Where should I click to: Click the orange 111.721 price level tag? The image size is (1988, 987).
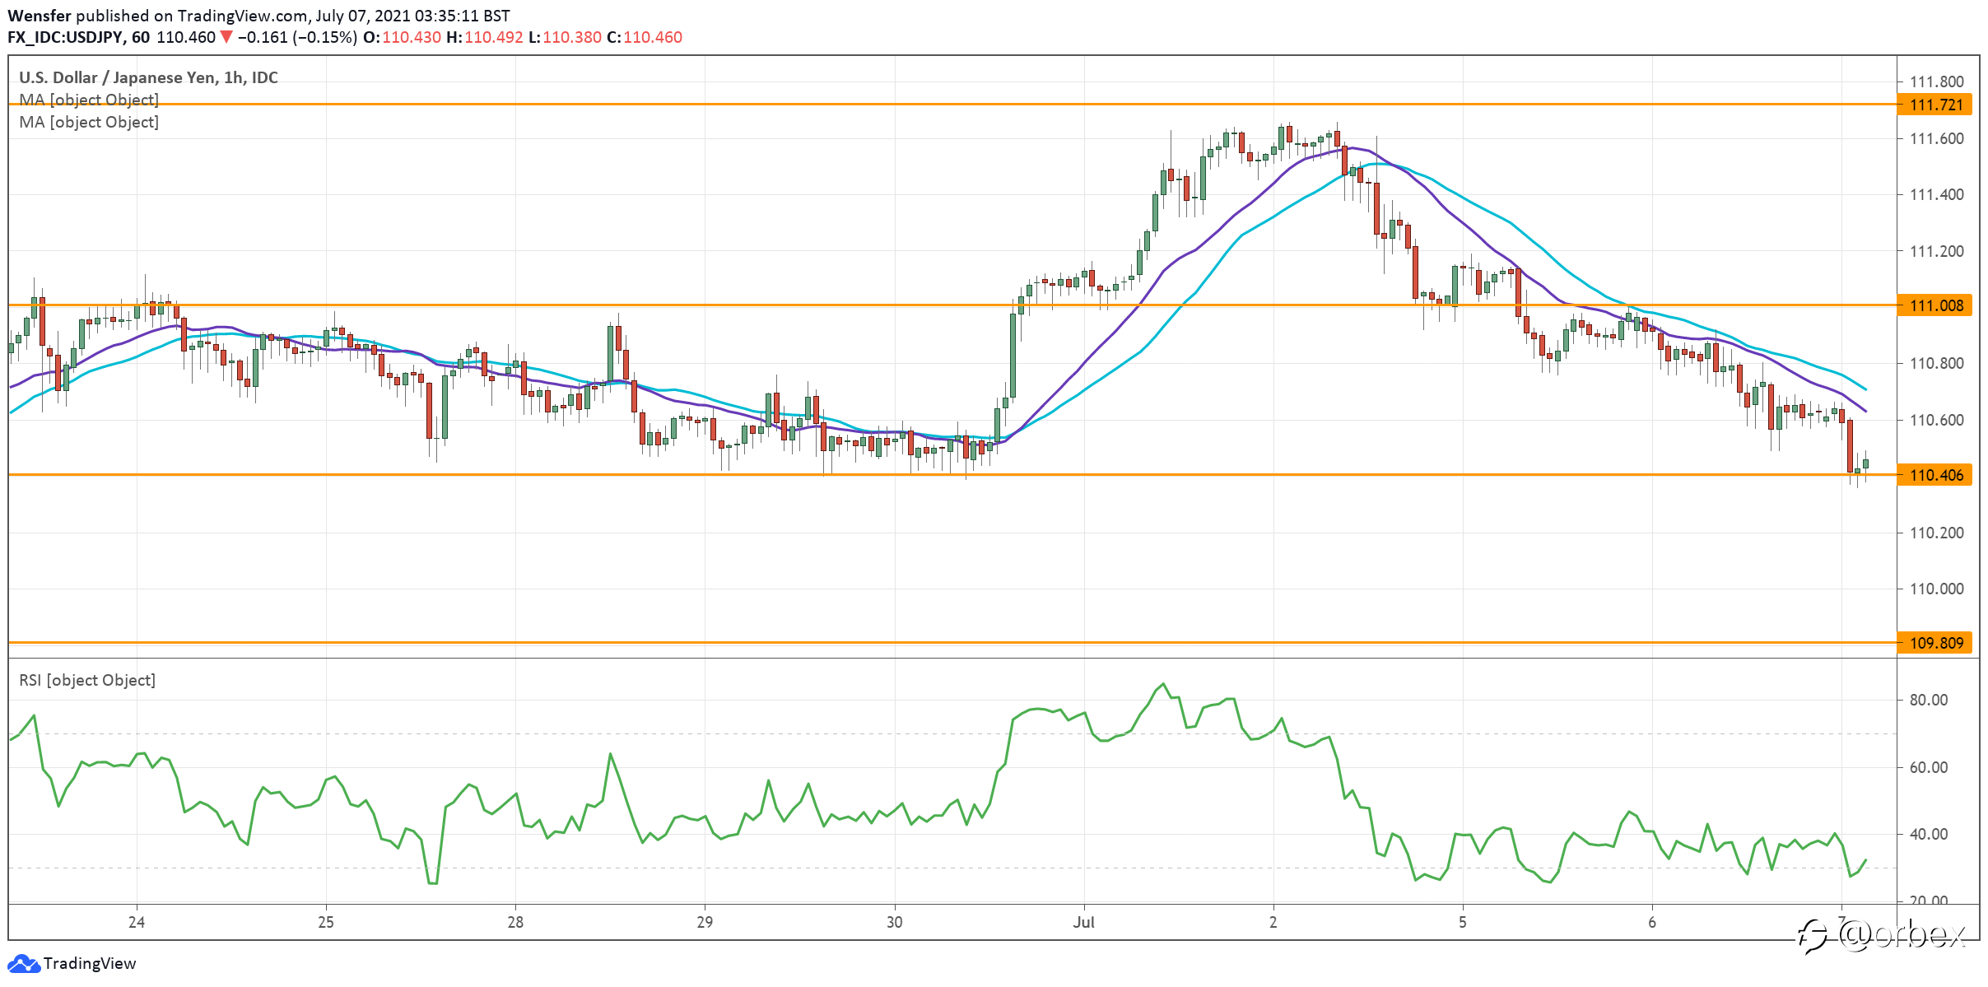pyautogui.click(x=1934, y=105)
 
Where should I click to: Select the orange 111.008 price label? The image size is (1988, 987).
pyautogui.click(x=1934, y=305)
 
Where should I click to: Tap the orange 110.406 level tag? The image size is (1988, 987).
pyautogui.click(x=1934, y=475)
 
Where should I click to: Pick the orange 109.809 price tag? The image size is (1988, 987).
pyautogui.click(x=1934, y=643)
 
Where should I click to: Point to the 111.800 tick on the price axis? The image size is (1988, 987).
pyautogui.click(x=1936, y=81)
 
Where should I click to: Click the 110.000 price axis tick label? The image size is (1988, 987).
pyautogui.click(x=1936, y=589)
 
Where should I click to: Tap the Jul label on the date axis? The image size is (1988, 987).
pyautogui.click(x=1083, y=922)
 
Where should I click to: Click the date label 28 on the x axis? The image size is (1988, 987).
pyautogui.click(x=515, y=922)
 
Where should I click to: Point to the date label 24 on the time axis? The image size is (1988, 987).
pyautogui.click(x=137, y=922)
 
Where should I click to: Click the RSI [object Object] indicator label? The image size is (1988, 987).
pyautogui.click(x=87, y=680)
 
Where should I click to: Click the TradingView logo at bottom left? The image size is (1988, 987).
pyautogui.click(x=72, y=963)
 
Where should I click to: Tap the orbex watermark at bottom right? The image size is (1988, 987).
pyautogui.click(x=1883, y=936)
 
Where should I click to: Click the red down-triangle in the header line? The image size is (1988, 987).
pyautogui.click(x=226, y=37)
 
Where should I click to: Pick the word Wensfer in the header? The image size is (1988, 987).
pyautogui.click(x=39, y=16)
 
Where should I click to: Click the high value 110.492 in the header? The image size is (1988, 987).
pyautogui.click(x=494, y=37)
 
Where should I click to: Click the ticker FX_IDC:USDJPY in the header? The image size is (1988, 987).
pyautogui.click(x=65, y=37)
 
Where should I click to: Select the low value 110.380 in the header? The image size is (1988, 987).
pyautogui.click(x=572, y=37)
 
